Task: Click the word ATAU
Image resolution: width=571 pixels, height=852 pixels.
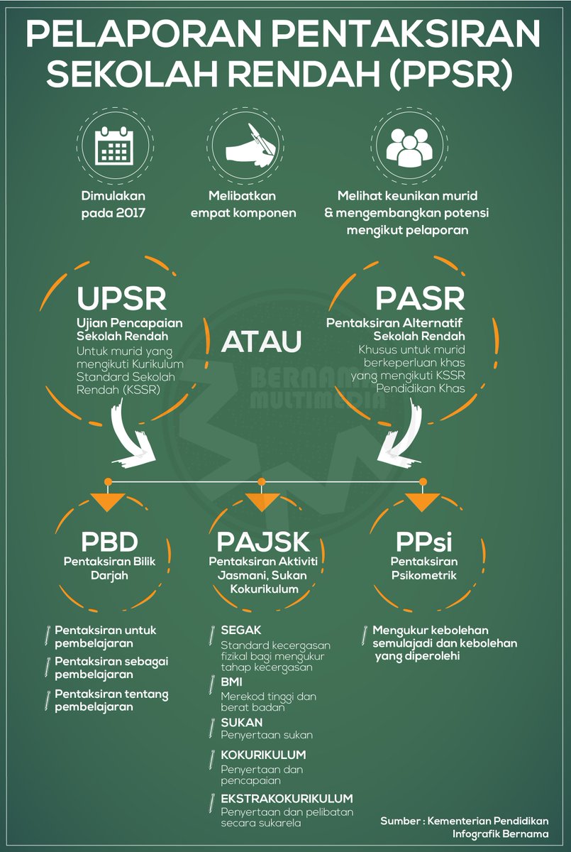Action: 262,341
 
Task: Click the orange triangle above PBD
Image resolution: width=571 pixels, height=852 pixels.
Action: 107,501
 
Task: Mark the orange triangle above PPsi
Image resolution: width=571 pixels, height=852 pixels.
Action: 423,501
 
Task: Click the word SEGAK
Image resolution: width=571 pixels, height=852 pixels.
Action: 241,630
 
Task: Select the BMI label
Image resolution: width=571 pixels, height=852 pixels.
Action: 232,682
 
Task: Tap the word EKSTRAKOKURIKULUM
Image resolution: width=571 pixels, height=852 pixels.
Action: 287,798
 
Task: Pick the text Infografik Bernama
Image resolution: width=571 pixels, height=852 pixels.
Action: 500,834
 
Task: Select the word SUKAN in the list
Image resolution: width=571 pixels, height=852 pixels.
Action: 241,722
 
